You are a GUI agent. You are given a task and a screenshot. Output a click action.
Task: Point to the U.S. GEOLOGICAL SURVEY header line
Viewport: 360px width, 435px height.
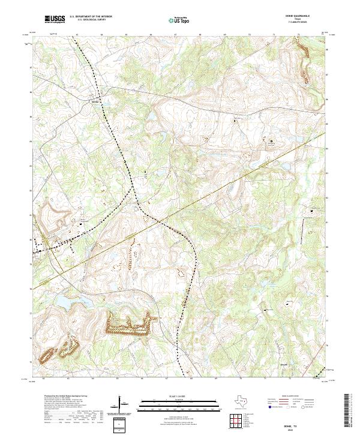(x=86, y=20)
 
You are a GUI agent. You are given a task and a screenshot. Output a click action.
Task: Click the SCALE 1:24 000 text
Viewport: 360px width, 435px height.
(x=170, y=397)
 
